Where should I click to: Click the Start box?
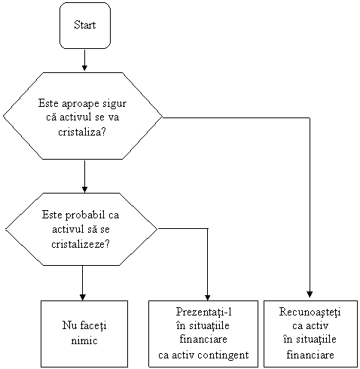(85, 26)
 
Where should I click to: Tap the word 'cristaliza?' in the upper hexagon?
(82, 132)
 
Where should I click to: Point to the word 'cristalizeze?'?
(81, 244)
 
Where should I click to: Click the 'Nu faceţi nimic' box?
(84, 334)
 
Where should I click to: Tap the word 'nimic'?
(84, 340)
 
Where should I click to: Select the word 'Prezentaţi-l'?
(203, 312)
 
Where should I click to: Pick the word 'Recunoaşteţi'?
(310, 313)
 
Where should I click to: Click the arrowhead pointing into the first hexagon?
(84, 68)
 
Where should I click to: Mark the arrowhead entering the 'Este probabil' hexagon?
(84, 190)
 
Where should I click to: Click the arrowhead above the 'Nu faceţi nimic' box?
(83, 297)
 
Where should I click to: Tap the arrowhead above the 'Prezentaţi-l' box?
(207, 297)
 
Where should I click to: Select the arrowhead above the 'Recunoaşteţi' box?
(310, 294)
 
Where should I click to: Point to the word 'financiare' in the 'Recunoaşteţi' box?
(310, 355)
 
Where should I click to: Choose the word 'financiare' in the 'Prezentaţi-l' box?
(203, 339)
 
